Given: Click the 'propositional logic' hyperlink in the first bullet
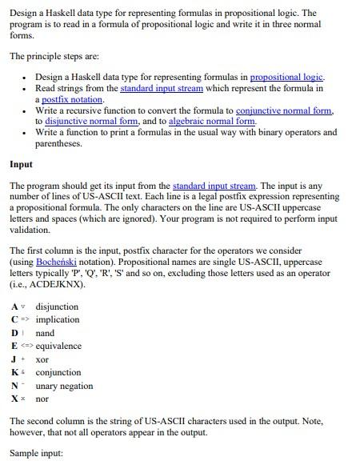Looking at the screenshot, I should (286, 77).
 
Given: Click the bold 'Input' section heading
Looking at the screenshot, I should (21, 164).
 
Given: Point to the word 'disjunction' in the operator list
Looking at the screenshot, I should (57, 307).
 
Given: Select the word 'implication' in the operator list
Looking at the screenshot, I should (58, 319).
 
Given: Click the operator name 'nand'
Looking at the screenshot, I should (45, 333).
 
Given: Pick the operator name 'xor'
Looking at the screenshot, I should (43, 359).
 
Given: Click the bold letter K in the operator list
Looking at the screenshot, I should (15, 372).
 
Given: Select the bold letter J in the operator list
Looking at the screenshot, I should (14, 359).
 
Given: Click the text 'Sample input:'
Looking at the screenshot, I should (35, 453).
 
